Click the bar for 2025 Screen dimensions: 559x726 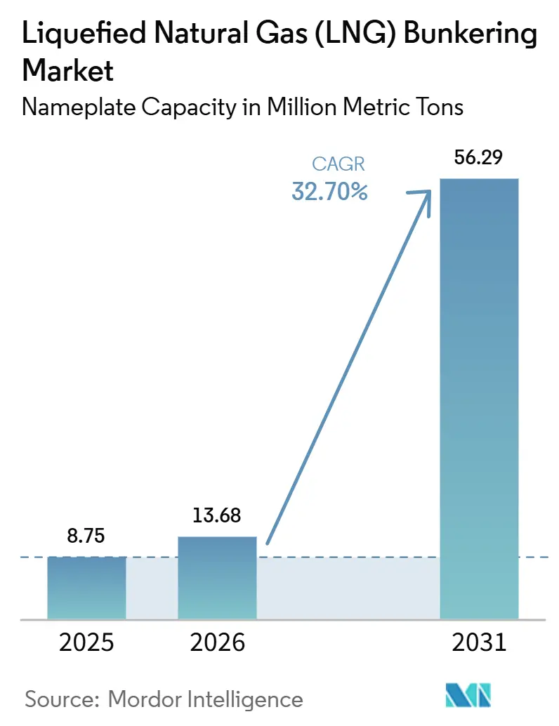pos(86,588)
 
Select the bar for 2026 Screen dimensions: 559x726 pos(217,578)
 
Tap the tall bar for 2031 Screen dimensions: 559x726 pos(479,399)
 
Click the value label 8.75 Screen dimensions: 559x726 pos(86,536)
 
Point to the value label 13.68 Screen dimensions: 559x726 pos(217,515)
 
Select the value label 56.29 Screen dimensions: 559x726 pos(478,157)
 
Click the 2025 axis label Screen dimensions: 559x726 pos(86,642)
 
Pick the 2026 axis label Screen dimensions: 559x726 pos(217,642)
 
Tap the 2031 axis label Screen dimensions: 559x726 pos(480,642)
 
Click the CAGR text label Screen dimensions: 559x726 pos(338,164)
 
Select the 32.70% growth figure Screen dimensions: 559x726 pos(330,191)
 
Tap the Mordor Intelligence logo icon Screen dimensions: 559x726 pos(468,695)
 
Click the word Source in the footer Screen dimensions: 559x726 pos(62,699)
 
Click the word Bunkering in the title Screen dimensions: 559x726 pos(471,34)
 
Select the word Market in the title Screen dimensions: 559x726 pos(67,71)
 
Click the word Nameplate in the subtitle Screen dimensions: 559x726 pos(79,107)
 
